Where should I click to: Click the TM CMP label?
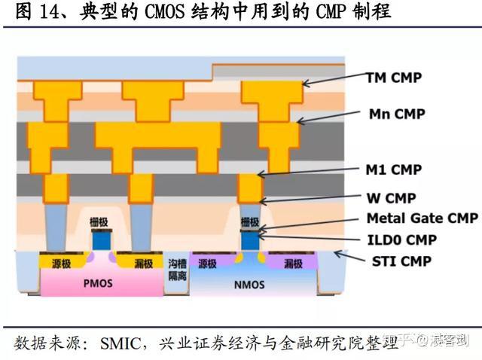click(x=393, y=77)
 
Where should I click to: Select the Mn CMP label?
click(x=396, y=114)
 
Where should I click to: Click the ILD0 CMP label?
click(x=401, y=240)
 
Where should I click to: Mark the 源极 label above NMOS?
click(x=208, y=264)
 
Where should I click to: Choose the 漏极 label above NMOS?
click(x=293, y=264)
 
